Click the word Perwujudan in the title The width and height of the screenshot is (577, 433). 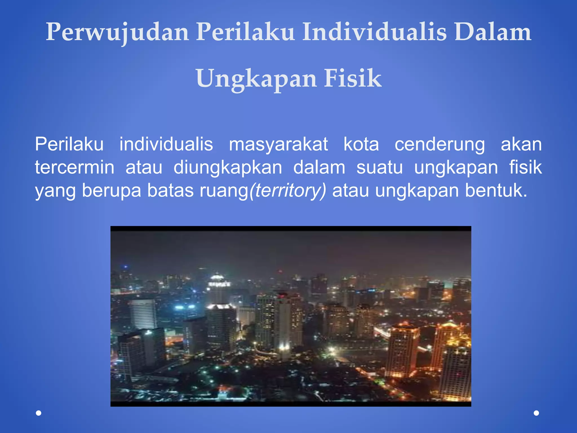pos(117,32)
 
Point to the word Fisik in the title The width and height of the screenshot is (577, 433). pos(353,78)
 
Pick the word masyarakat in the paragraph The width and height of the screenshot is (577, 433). pos(278,144)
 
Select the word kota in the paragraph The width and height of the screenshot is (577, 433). pos(361,144)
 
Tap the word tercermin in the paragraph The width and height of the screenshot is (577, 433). pos(75,167)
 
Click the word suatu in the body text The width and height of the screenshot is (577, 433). pos(380,167)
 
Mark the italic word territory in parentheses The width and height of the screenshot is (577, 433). pos(288,191)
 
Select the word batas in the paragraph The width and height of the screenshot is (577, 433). pos(170,191)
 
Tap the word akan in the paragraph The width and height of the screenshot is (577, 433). pos(521,144)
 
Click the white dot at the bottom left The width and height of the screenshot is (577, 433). pos(39,413)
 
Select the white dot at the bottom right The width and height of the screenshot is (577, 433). pos(536,413)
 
